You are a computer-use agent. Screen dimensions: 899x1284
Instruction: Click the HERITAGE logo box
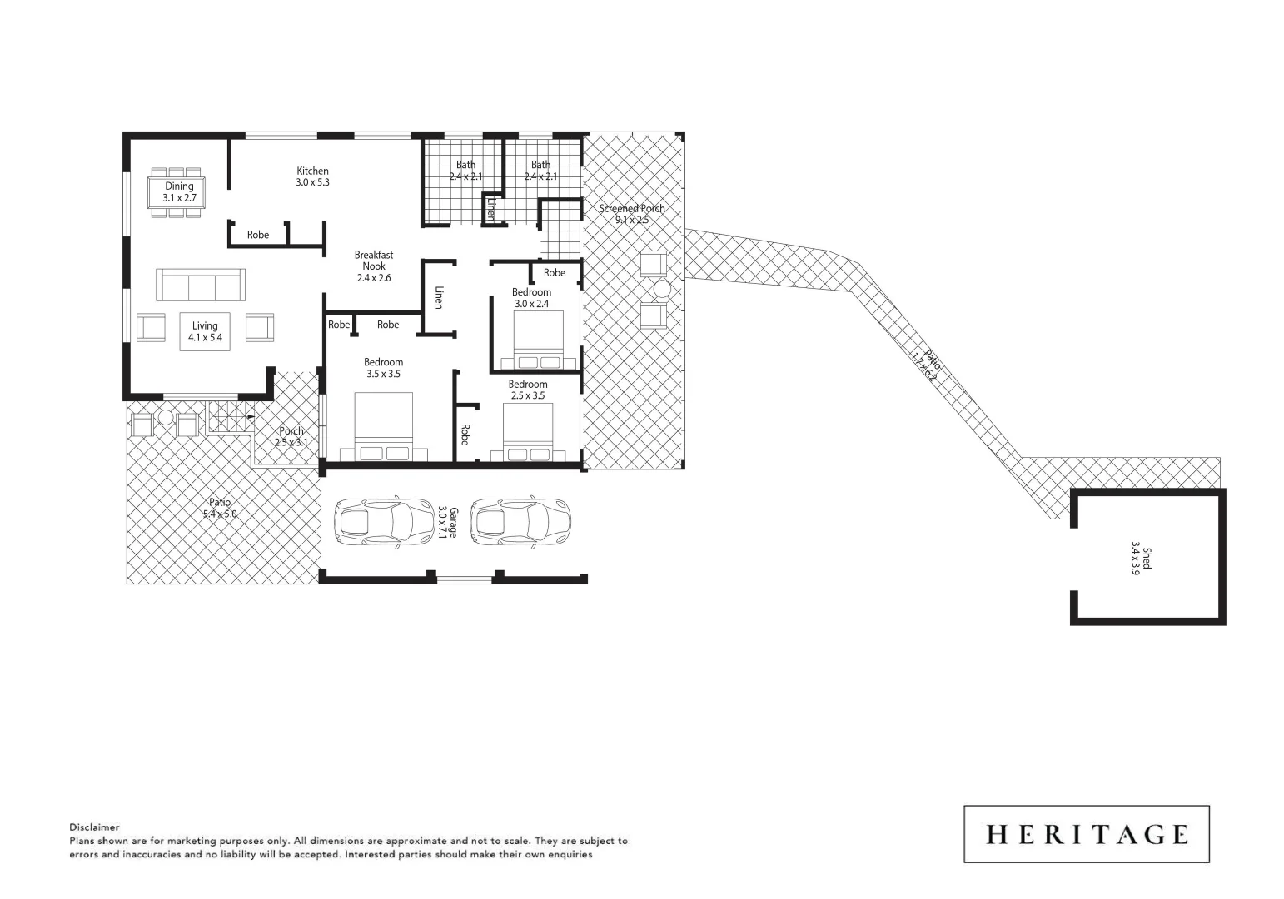(x=1086, y=833)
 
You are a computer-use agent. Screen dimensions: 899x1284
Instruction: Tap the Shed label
(x=1141, y=562)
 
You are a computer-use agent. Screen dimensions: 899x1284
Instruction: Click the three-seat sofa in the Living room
(x=201, y=285)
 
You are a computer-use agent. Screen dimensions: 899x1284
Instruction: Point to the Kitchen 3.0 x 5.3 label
(x=312, y=176)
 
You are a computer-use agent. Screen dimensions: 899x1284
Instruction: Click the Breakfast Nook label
(x=373, y=266)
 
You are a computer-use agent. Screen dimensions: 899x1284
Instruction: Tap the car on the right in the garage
(x=520, y=522)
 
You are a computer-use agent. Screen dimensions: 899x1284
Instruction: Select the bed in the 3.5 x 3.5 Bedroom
(x=384, y=425)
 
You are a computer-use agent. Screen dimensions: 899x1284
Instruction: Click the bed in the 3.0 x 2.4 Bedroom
(x=545, y=340)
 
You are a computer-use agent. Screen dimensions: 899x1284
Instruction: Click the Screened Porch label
(x=632, y=214)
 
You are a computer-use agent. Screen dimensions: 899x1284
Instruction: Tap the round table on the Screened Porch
(x=662, y=290)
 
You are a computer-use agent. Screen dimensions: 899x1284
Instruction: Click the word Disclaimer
(x=94, y=827)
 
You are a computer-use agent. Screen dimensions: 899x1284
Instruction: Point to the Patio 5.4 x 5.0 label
(x=220, y=508)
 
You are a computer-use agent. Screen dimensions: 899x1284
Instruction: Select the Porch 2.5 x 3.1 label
(x=291, y=436)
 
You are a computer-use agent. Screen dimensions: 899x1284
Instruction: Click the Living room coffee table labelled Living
(x=205, y=331)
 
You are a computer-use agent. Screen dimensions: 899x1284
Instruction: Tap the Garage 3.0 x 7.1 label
(x=448, y=522)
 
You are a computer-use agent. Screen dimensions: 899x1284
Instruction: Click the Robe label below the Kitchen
(x=258, y=235)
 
